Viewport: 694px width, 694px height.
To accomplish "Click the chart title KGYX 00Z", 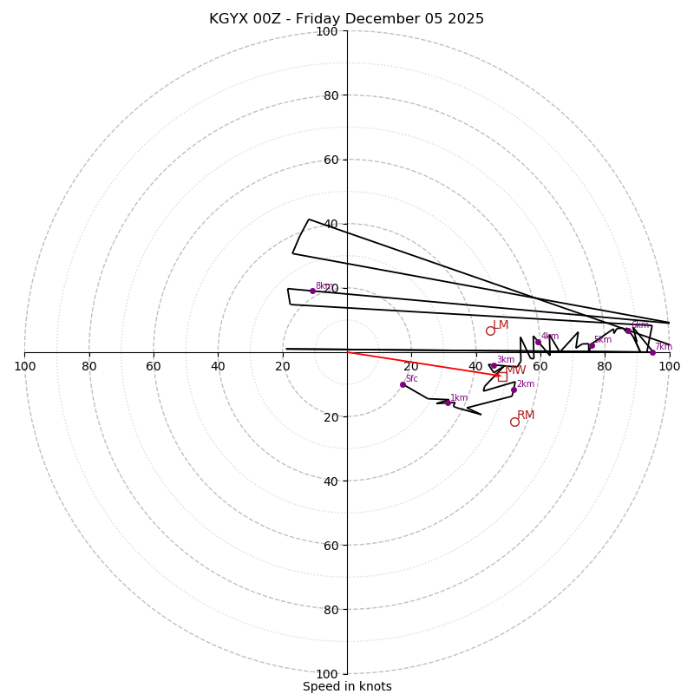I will (x=346, y=19).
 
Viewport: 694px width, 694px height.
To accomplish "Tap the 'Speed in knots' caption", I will (x=347, y=686).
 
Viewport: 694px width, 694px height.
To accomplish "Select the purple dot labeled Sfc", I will (x=403, y=384).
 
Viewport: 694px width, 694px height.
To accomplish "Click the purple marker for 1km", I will (x=448, y=403).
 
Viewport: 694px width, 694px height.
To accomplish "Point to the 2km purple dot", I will (x=514, y=390).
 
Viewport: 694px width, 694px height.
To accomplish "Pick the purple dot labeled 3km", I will (x=493, y=366).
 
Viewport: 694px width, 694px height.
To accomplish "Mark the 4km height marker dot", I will (x=538, y=342).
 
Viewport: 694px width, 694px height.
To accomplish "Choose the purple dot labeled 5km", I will (x=592, y=345).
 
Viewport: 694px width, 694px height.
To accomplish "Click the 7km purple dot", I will (x=652, y=352).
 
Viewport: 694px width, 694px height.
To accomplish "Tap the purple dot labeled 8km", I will (x=312, y=291).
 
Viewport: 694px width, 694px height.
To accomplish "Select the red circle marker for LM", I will (x=490, y=331).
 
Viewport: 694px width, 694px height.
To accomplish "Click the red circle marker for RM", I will (x=514, y=422).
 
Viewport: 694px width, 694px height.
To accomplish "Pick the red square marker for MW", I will (x=502, y=376).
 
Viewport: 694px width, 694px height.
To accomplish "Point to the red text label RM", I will (x=526, y=416).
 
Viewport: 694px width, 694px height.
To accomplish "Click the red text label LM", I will (x=501, y=325).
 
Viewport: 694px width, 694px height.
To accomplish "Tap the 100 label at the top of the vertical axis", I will (x=326, y=31).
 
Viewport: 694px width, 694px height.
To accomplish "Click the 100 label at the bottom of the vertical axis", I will (x=326, y=674).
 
